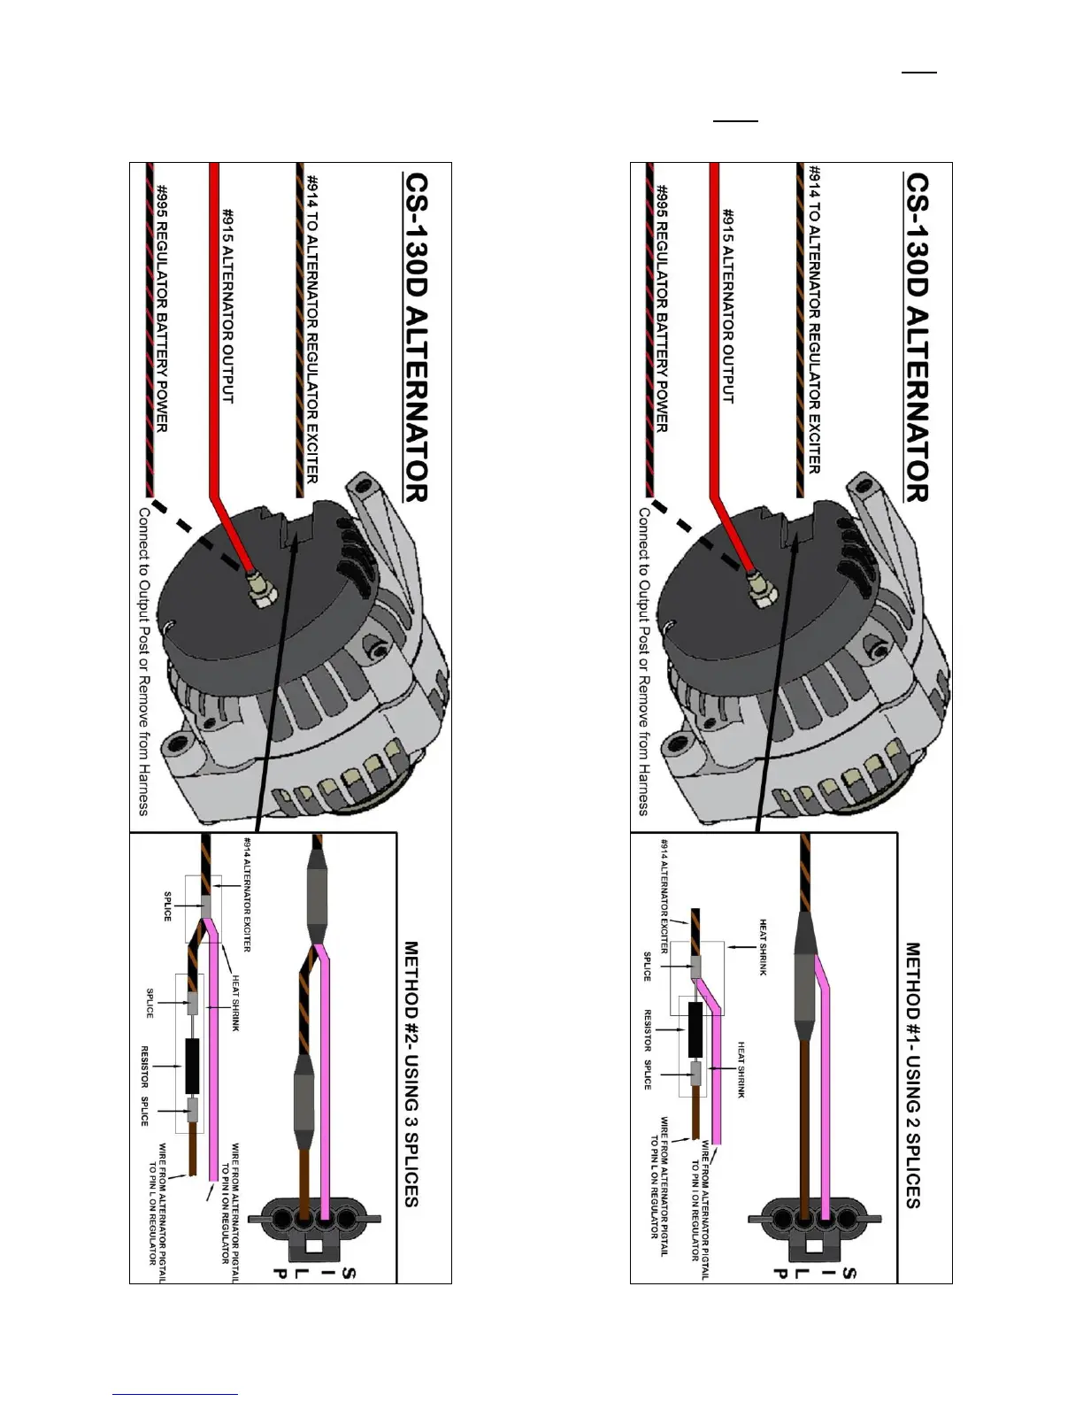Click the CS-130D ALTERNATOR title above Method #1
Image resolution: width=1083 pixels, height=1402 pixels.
918,336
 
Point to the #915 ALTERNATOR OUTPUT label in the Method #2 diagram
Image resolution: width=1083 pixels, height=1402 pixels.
227,305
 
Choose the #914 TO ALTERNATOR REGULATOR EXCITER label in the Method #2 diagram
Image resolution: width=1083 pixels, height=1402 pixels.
311,327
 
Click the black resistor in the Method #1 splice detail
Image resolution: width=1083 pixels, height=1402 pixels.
695,1030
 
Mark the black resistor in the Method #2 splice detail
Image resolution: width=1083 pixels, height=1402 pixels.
192,1066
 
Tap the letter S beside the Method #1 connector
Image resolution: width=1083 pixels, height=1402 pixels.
849,1275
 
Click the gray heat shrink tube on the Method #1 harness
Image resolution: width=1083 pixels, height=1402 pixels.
805,982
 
